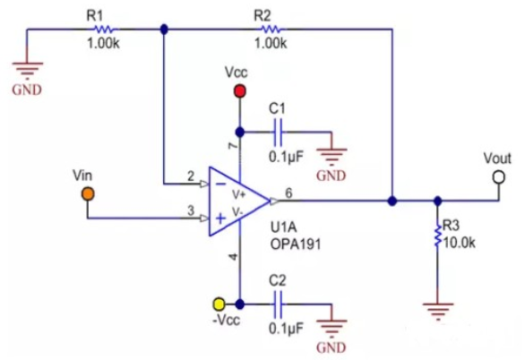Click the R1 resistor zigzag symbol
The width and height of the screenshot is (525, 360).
point(105,30)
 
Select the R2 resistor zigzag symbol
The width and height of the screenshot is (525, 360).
point(271,30)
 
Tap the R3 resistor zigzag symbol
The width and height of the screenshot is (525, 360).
point(437,236)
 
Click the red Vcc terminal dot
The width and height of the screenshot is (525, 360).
point(240,91)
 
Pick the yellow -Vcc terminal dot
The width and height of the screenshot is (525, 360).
point(219,304)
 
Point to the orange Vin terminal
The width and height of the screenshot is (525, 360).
point(88,194)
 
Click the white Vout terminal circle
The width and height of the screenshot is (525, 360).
point(499,177)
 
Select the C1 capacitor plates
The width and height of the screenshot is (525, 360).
point(278,133)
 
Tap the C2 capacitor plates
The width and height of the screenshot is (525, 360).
point(278,304)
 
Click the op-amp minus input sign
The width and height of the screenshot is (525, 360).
point(220,184)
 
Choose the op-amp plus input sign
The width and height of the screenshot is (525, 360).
point(220,219)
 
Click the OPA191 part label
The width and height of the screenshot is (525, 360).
point(296,244)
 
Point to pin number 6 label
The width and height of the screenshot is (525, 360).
point(288,193)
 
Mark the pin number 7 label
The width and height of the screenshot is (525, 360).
point(233,146)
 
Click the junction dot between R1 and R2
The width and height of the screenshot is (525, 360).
point(164,30)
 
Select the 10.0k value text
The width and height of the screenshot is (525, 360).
point(459,243)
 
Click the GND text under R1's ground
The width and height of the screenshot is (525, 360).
point(27,90)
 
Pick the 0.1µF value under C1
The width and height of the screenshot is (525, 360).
point(286,157)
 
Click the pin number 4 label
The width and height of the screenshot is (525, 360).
point(233,257)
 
